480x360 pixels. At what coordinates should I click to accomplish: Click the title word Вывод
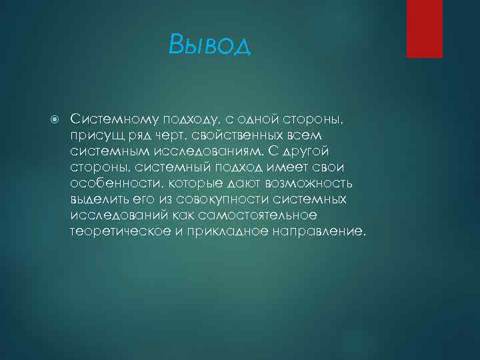point(210,45)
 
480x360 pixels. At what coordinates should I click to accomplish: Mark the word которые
point(193,184)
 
